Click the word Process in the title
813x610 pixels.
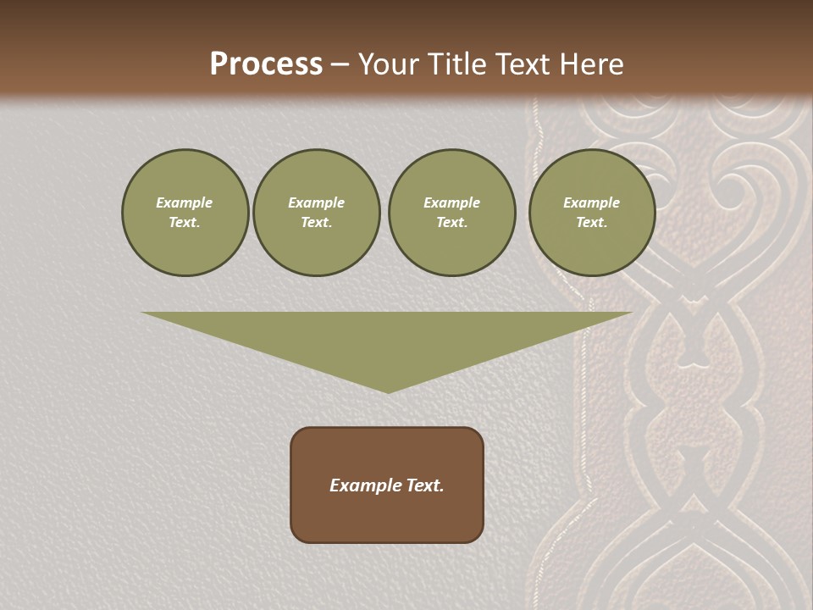(x=266, y=64)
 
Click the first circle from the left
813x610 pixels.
(x=185, y=213)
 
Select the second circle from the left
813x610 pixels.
(x=317, y=213)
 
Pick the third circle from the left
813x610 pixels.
(x=452, y=213)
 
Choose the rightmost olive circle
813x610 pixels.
(x=592, y=213)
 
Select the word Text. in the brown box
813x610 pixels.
(x=424, y=485)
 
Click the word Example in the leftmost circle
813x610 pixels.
(x=185, y=202)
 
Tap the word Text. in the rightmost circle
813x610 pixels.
(x=592, y=223)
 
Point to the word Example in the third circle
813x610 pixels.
(x=452, y=202)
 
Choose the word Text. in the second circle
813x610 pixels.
(x=317, y=223)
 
